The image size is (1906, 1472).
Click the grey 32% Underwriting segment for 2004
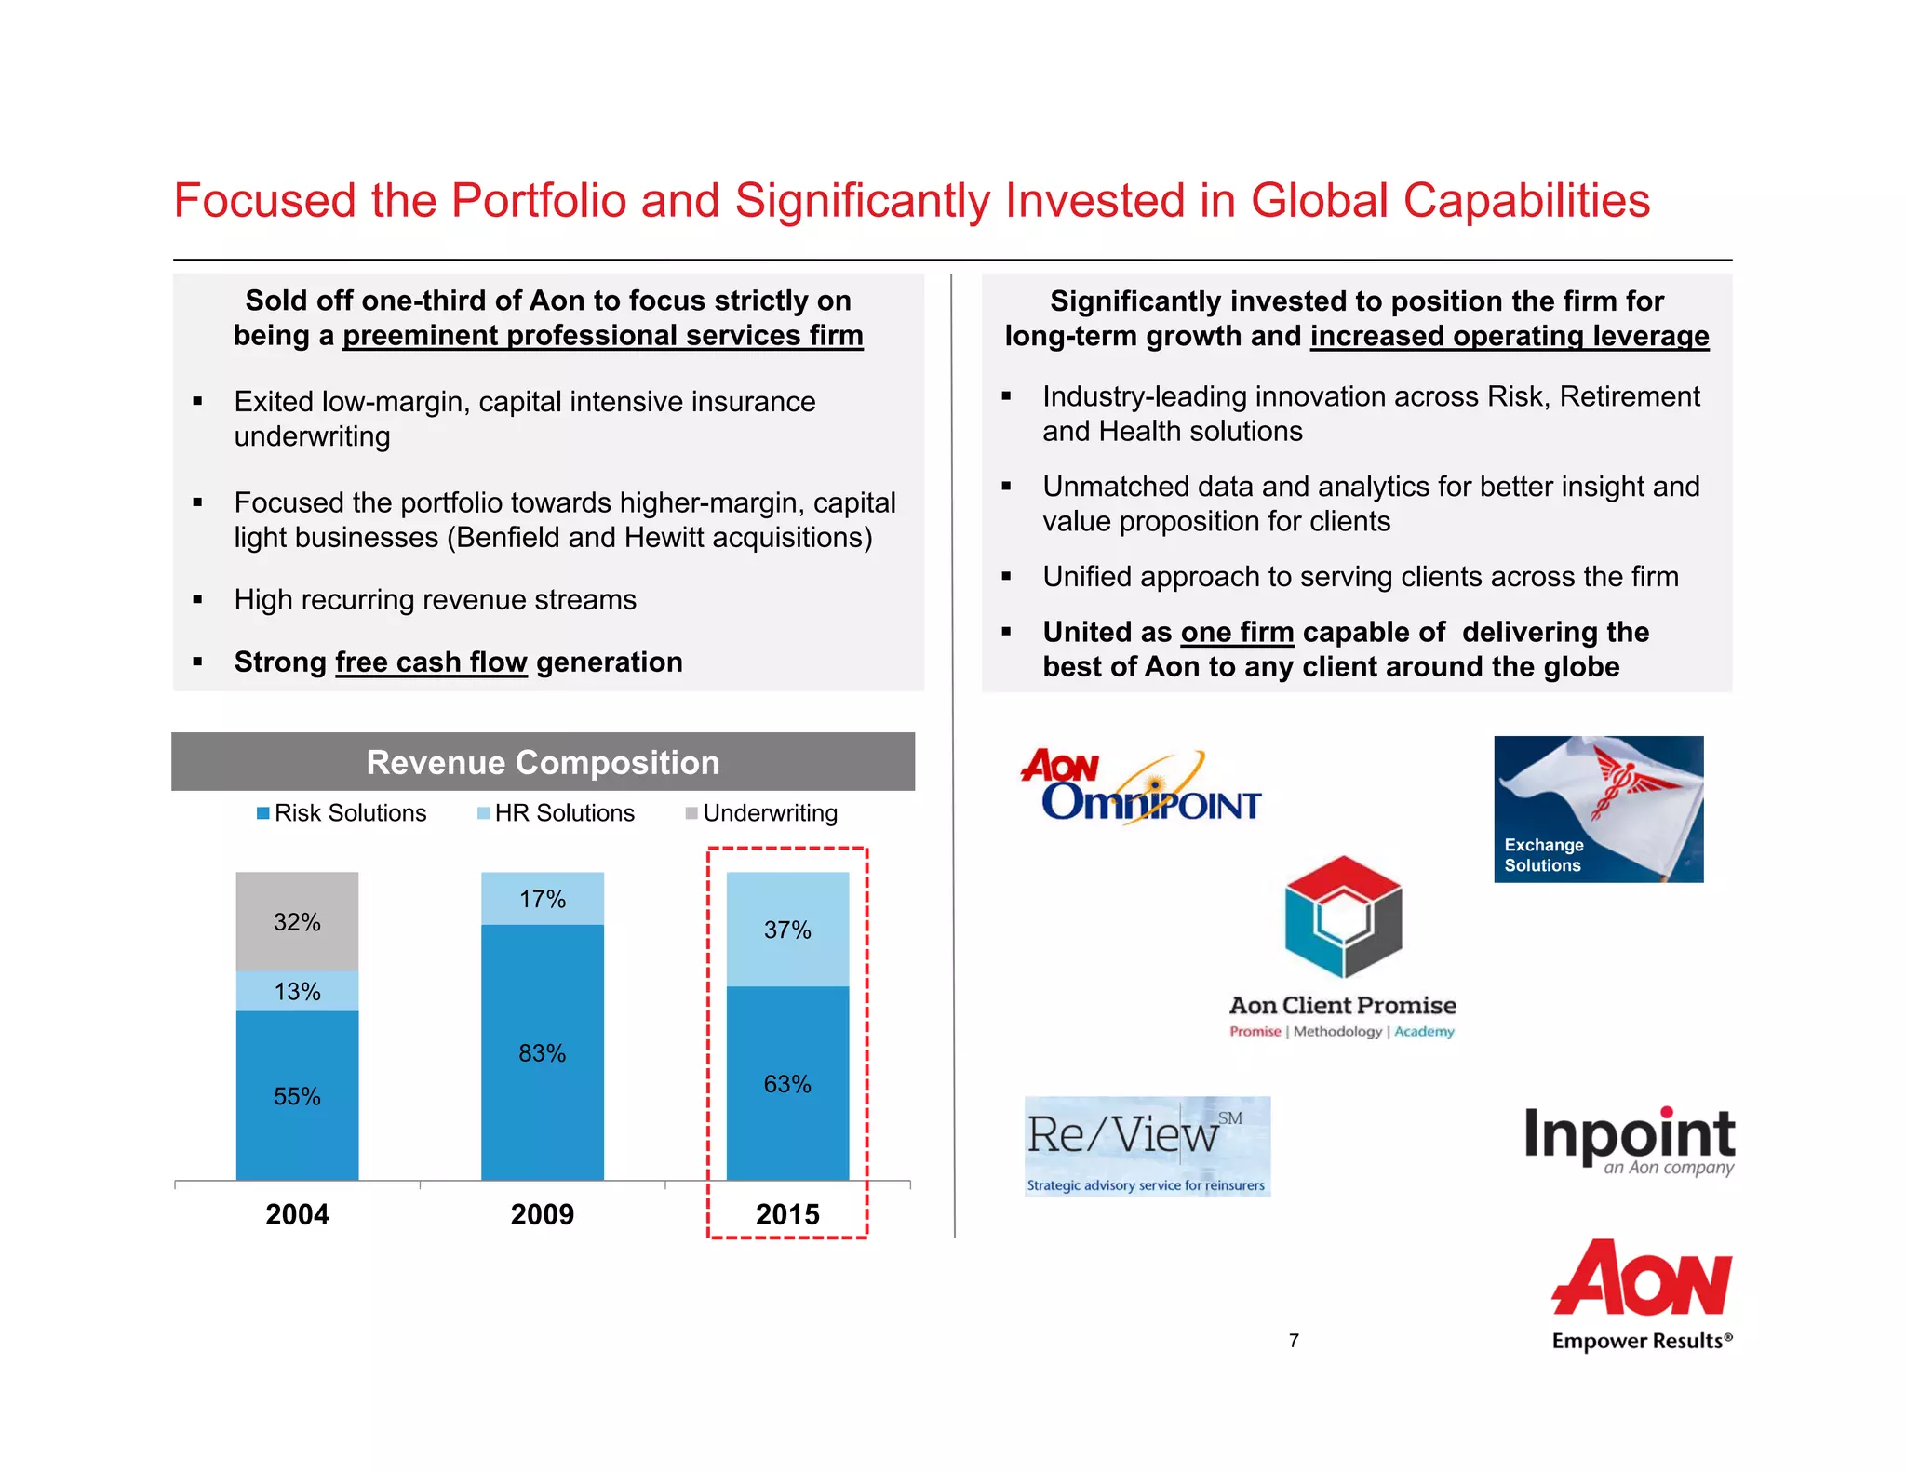[297, 921]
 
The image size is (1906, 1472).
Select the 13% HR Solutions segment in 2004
[297, 991]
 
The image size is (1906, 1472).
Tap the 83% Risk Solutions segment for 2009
[542, 1052]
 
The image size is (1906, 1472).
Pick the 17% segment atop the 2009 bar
[542, 899]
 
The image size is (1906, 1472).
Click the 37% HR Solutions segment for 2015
[787, 930]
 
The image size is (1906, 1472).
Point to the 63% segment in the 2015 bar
[787, 1083]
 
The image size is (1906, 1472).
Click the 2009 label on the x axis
[542, 1214]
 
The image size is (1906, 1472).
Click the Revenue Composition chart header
[543, 762]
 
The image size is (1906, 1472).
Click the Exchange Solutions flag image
[1598, 809]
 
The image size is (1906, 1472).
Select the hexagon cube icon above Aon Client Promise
[1342, 917]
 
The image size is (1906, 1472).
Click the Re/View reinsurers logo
[1147, 1145]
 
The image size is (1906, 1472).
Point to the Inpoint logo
[1629, 1140]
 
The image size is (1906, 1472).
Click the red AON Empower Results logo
[1642, 1293]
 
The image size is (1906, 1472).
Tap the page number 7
[1294, 1341]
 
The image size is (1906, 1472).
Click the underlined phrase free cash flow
[431, 662]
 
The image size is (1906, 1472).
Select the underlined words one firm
[1237, 632]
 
